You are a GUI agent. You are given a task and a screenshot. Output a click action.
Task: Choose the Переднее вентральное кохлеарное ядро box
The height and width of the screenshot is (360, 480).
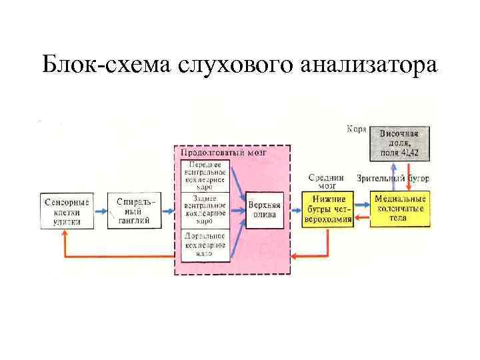coord(206,175)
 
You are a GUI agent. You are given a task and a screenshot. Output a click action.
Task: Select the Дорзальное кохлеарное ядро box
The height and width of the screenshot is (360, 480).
coord(206,244)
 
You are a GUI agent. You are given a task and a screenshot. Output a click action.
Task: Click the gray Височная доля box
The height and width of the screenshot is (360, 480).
coord(399,143)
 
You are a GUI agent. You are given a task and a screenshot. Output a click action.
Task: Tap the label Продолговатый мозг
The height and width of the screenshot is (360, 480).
coord(224,152)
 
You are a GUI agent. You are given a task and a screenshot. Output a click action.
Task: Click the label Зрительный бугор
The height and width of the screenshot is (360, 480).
coord(393,178)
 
